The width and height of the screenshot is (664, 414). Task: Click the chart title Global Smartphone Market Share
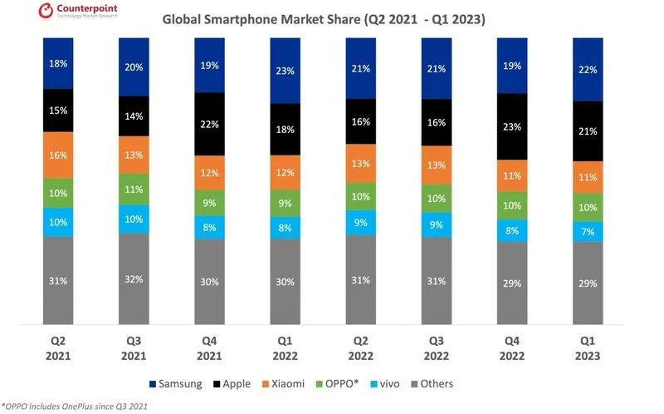coord(324,17)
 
